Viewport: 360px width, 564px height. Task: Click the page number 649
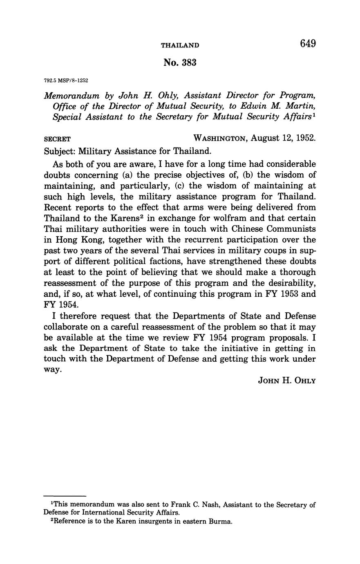coord(308,43)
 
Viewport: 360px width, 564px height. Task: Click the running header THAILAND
coord(180,45)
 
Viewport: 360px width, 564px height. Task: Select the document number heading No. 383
coord(180,63)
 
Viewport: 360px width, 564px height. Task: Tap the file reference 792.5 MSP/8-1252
coord(66,81)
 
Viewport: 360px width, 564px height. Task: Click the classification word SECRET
coord(57,139)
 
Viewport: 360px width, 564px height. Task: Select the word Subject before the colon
coord(58,151)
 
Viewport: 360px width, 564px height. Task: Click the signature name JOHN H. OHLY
coord(287,380)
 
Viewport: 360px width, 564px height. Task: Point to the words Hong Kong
coord(75,240)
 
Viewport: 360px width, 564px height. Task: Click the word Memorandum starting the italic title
coord(72,96)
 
